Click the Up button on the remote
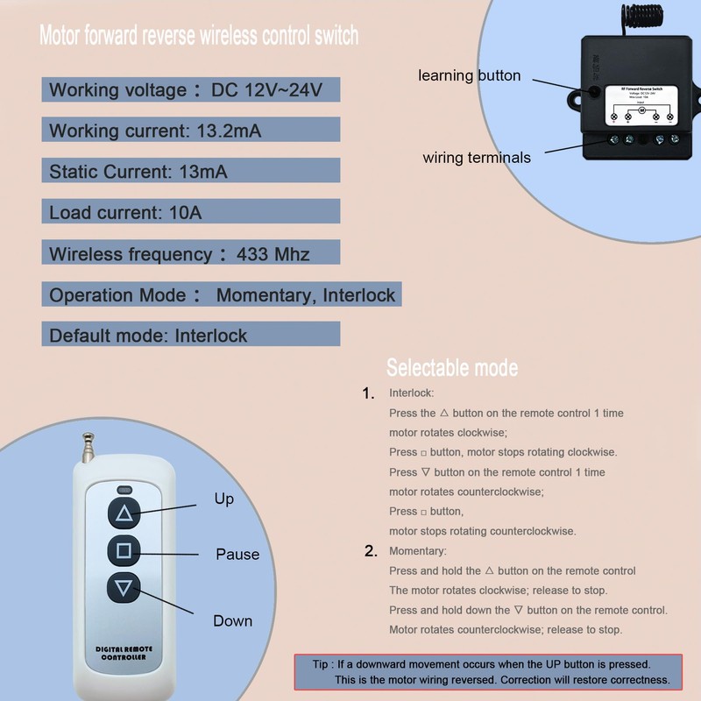point(124,513)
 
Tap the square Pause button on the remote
point(124,550)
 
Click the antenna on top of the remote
point(89,447)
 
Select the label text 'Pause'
point(237,554)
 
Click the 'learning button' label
point(469,76)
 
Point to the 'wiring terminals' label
point(477,158)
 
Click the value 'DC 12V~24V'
point(266,90)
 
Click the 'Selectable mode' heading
point(451,367)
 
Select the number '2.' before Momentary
point(371,551)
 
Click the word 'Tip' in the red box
point(323,664)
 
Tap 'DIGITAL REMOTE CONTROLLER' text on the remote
point(124,652)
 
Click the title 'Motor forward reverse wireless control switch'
point(199,37)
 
